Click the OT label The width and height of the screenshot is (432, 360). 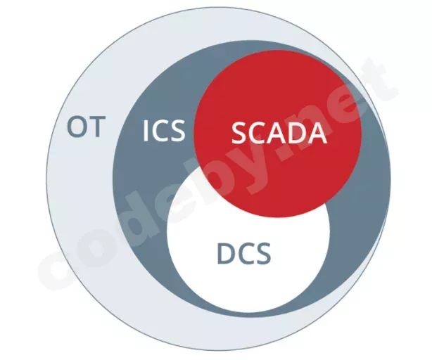tap(87, 127)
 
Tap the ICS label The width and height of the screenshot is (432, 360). tap(164, 131)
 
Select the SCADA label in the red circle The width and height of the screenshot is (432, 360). tap(279, 133)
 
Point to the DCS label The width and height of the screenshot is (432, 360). tap(244, 254)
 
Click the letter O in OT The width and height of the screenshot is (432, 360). tap(77, 127)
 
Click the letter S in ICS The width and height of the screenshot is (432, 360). tap(177, 131)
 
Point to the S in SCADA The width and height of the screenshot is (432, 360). tap(239, 134)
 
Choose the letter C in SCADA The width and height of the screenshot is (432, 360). tap(258, 134)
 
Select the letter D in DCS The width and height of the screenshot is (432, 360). tap(227, 254)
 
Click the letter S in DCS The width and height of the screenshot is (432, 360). tap(263, 254)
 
